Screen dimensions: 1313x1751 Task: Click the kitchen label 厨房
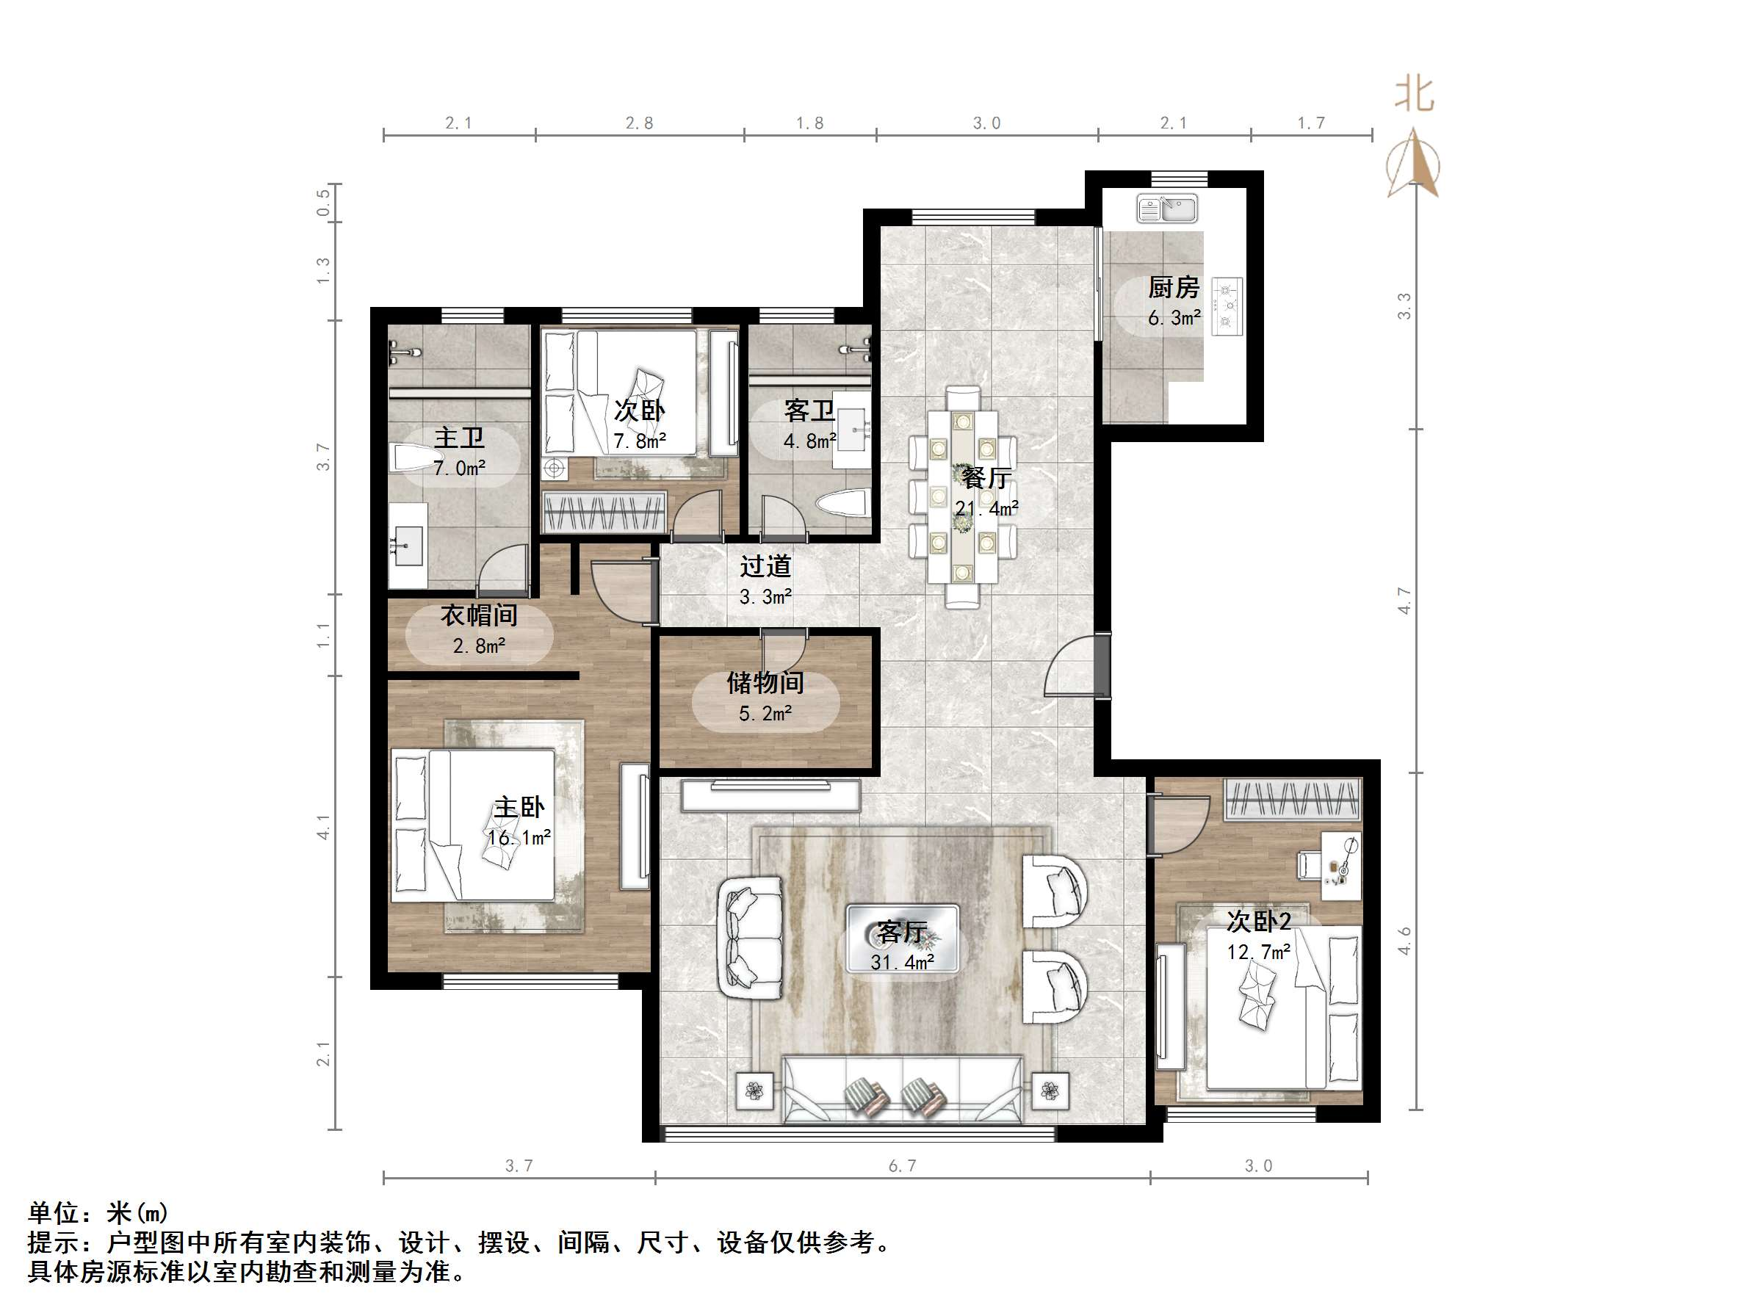tap(1173, 287)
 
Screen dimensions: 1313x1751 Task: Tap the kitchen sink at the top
tap(1167, 209)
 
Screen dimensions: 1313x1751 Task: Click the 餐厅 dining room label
tap(986, 478)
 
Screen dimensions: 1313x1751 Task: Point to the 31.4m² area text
tap(903, 963)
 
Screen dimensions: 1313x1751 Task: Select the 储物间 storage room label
tap(765, 682)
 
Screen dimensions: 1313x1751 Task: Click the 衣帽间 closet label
tap(479, 615)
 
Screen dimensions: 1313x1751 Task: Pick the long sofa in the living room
tap(903, 1089)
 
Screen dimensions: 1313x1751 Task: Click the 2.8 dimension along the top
tap(639, 123)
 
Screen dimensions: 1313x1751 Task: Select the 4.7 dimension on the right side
tap(1404, 600)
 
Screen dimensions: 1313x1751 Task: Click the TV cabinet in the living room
tap(770, 795)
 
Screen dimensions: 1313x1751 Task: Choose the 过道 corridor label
tap(765, 566)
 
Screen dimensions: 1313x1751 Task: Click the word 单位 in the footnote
tap(54, 1212)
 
